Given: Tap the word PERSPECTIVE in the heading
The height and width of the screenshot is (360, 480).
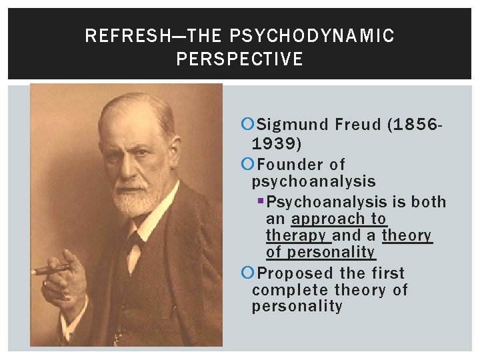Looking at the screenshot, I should point(239,59).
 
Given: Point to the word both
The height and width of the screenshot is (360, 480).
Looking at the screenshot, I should point(429,202).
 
